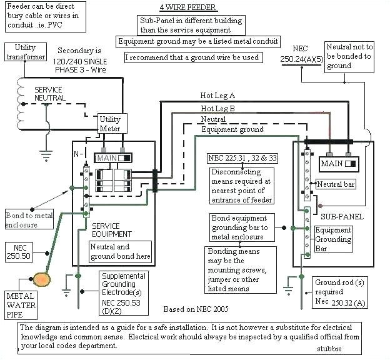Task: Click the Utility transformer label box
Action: click(x=26, y=52)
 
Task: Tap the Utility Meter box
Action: click(x=110, y=124)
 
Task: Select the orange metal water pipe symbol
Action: click(x=42, y=278)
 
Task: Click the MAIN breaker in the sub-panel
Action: click(x=337, y=164)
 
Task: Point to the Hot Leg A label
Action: click(x=217, y=96)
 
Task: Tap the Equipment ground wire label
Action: click(x=232, y=129)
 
